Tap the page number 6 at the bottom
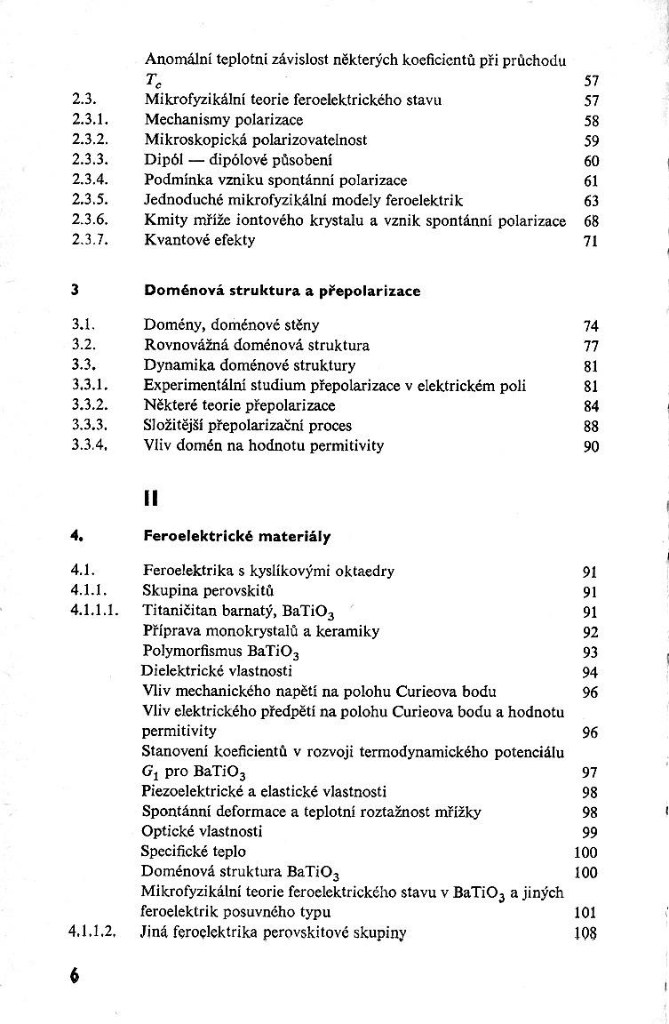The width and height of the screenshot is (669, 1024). pos(74,973)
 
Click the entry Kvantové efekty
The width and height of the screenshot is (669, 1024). pos(199,240)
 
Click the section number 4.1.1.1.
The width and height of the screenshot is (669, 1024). pos(93,611)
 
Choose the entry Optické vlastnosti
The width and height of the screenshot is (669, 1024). pos(202,832)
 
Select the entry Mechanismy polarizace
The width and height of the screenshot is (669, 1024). pos(223,119)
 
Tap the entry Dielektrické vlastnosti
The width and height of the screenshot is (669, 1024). pos(217,671)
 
